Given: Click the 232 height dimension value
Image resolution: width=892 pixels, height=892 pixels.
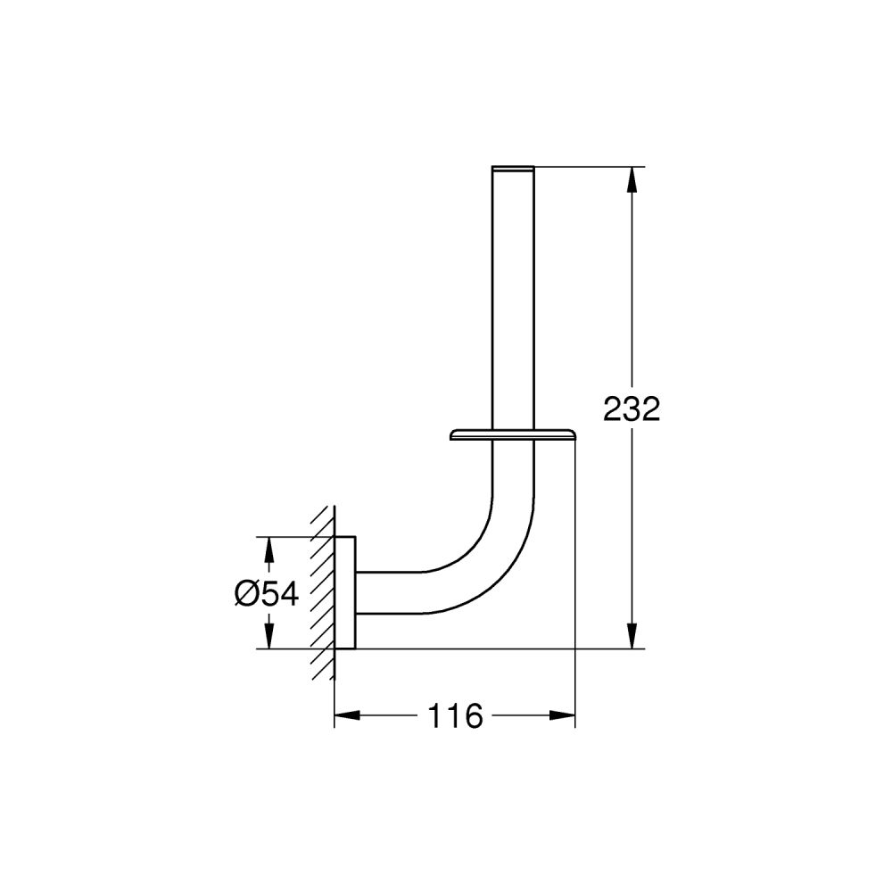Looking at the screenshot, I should pyautogui.click(x=632, y=409).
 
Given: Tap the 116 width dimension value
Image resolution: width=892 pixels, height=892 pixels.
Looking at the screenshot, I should pyautogui.click(x=455, y=715).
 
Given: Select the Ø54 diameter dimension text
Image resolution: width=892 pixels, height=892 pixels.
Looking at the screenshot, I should pyautogui.click(x=267, y=592).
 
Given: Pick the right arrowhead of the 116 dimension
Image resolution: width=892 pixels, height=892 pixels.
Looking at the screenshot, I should pyautogui.click(x=563, y=715).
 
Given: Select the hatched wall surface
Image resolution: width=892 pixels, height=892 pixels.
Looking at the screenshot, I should pyautogui.click(x=323, y=593).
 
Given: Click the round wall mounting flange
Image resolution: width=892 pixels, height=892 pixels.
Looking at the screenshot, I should pyautogui.click(x=345, y=593).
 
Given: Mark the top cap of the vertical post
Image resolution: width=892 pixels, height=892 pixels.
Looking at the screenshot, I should pyautogui.click(x=513, y=167).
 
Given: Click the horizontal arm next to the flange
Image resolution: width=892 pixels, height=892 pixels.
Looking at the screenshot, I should pyautogui.click(x=392, y=592).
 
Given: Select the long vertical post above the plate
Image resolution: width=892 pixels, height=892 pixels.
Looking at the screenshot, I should pyautogui.click(x=513, y=294).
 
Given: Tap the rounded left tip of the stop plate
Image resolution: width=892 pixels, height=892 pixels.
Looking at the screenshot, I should pyautogui.click(x=452, y=435).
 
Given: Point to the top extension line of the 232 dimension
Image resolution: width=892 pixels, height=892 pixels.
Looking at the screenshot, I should pyautogui.click(x=589, y=166).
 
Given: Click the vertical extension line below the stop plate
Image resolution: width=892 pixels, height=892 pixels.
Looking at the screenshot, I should pyautogui.click(x=575, y=571).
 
